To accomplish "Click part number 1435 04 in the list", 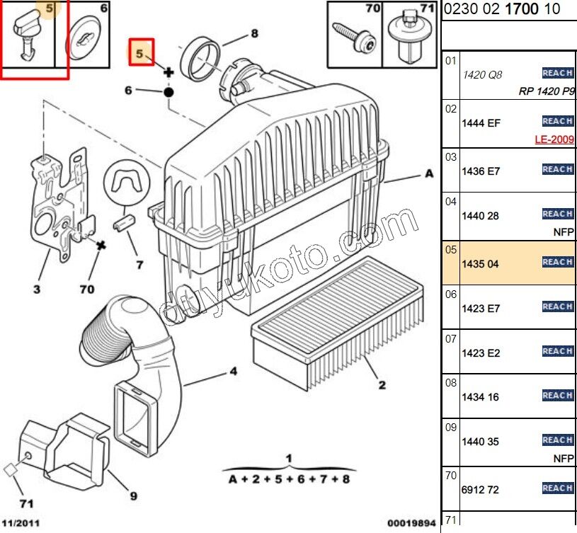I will point(480,264).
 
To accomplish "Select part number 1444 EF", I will point(481,123).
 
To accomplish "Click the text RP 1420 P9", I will point(547,91).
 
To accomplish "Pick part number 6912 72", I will point(480,490).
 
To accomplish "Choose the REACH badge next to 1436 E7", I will point(557,169).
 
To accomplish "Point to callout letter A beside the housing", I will point(429,173).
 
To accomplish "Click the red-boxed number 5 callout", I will point(140,53).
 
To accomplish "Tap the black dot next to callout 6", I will point(168,91).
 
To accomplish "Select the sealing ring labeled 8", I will point(200,59).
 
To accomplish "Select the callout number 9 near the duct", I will point(133,496).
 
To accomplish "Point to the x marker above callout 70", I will point(102,245).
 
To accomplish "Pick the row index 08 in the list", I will point(450,383).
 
